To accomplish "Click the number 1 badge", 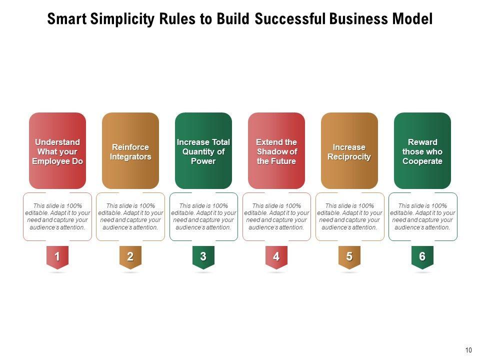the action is [x=57, y=257].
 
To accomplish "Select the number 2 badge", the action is [x=130, y=257].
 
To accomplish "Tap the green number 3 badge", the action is [x=203, y=257].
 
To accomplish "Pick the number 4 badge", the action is [x=276, y=257].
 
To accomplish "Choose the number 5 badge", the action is [x=349, y=257].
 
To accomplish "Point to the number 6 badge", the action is [x=422, y=257].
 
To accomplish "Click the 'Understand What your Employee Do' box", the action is [x=57, y=150].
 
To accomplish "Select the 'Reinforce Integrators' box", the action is [x=130, y=150].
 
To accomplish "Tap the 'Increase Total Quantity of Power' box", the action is [x=203, y=150].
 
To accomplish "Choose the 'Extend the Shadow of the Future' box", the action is [x=276, y=150].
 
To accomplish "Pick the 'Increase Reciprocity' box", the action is [x=349, y=150].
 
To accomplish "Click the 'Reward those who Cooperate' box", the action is [x=422, y=150].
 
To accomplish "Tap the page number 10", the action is [x=468, y=350].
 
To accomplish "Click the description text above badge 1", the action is [x=57, y=216].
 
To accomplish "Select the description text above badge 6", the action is [x=422, y=216].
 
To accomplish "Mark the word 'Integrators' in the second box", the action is [x=130, y=157].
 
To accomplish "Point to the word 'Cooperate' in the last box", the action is [x=422, y=161].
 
